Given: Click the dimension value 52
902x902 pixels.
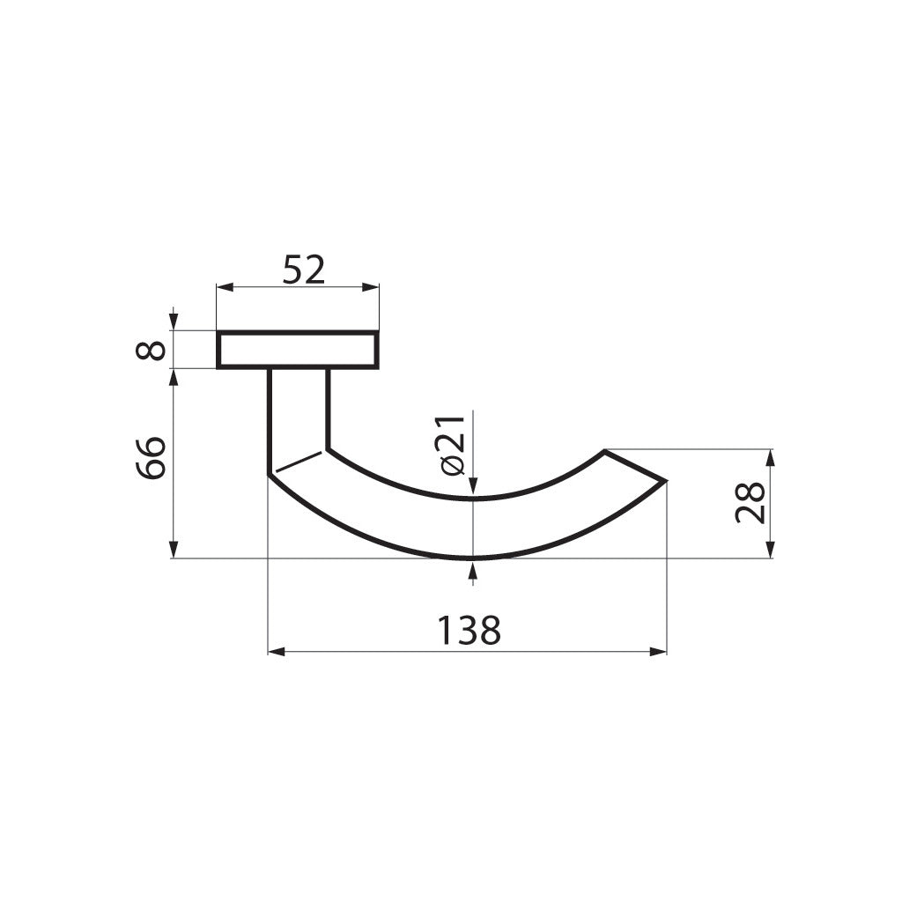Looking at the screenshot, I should tap(304, 270).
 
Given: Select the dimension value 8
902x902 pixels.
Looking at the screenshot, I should tap(152, 350).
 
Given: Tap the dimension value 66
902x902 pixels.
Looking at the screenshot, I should tap(152, 457).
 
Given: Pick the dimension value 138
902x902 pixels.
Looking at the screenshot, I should tap(469, 631).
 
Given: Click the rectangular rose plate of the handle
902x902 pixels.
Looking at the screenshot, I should tap(298, 350).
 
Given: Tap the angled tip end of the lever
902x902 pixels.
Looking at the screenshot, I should tap(636, 466).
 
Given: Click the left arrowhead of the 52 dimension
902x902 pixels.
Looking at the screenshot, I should tap(224, 287).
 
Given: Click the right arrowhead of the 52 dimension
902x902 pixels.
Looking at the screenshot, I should tap(372, 287).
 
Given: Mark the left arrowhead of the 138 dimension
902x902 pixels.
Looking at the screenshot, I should tap(275, 652).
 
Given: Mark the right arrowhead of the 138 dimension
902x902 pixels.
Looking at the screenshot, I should tap(659, 652).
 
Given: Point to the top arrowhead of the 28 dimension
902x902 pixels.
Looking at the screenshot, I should tap(771, 456).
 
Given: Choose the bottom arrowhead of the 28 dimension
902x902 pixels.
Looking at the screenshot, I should tap(771, 551).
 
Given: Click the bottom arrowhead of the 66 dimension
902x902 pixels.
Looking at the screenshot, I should tap(174, 551).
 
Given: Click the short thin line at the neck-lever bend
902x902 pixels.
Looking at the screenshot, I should tap(298, 462).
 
